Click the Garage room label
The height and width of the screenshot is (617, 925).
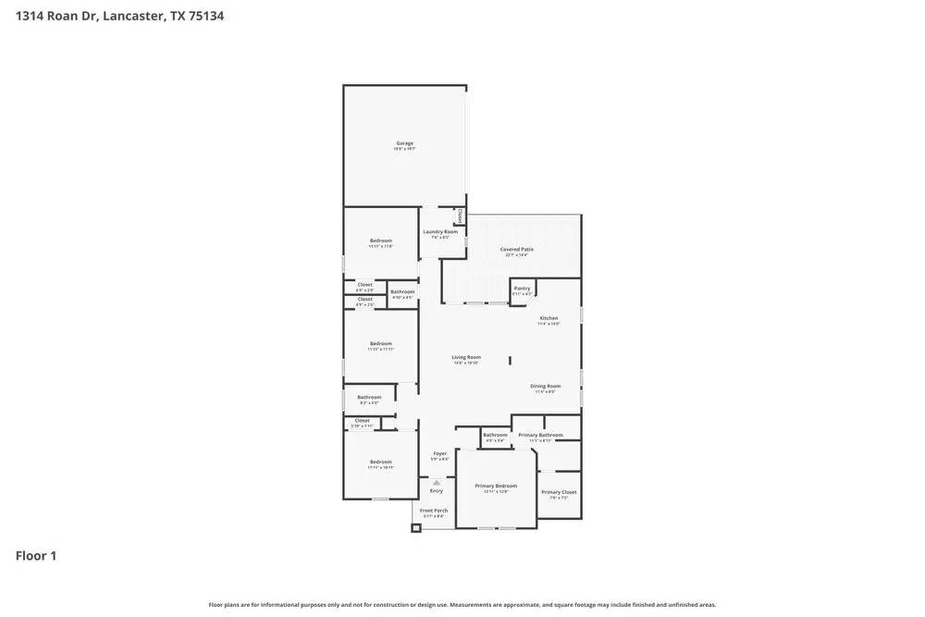click(x=404, y=143)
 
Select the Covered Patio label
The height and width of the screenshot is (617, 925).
click(x=516, y=250)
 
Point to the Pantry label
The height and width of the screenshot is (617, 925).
click(x=522, y=289)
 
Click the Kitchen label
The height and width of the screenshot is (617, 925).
click(x=549, y=318)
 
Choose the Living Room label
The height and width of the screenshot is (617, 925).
click(x=465, y=358)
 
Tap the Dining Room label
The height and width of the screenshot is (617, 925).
click(x=545, y=387)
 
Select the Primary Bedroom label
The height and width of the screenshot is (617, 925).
click(x=496, y=487)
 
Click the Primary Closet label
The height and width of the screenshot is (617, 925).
click(x=559, y=493)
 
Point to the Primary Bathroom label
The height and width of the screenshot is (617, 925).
click(x=540, y=436)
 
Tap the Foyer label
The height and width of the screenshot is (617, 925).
click(x=440, y=454)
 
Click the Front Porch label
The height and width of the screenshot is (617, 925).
click(x=434, y=511)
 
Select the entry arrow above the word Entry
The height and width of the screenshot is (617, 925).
click(x=436, y=481)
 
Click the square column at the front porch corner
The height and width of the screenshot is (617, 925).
click(x=416, y=528)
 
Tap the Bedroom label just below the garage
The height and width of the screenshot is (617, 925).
click(x=380, y=241)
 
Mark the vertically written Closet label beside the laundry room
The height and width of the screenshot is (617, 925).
click(x=461, y=216)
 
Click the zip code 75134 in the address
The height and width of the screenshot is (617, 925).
click(x=203, y=16)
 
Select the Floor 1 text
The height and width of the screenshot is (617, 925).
click(x=36, y=556)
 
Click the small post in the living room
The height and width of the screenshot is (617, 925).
click(x=510, y=359)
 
